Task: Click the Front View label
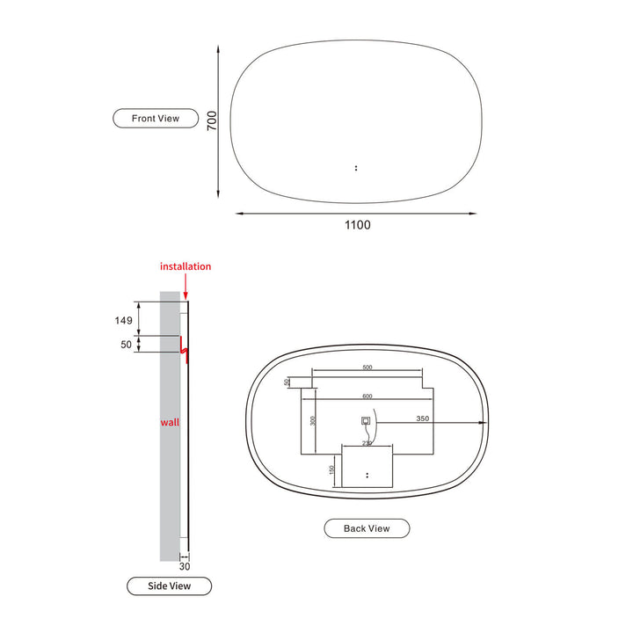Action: [x=156, y=118]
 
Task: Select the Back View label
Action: [x=367, y=528]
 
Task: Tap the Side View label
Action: [x=169, y=586]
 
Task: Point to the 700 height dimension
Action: [x=212, y=121]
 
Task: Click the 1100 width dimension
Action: [x=357, y=225]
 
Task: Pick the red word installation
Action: [x=186, y=266]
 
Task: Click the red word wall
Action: [x=169, y=423]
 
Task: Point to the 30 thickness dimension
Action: [x=184, y=567]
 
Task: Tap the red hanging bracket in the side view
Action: [x=184, y=349]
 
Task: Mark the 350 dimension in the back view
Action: [x=423, y=420]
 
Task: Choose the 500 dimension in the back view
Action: [x=367, y=367]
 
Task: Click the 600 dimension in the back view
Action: [x=367, y=395]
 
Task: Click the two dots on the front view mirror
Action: [x=355, y=166]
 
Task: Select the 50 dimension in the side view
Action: [x=126, y=345]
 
